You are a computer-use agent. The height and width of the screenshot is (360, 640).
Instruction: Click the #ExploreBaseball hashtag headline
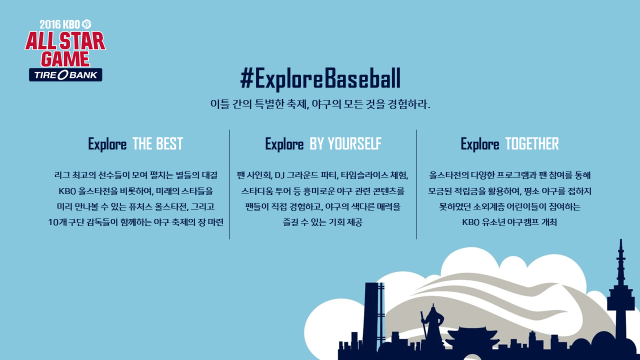pos(320,78)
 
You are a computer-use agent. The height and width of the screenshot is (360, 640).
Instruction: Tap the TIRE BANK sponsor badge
pos(65,75)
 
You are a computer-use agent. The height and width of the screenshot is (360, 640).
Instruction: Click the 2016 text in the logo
pos(50,24)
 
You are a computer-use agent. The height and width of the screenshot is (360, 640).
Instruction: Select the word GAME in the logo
pos(65,59)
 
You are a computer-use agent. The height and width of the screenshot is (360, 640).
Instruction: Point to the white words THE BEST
pos(157,143)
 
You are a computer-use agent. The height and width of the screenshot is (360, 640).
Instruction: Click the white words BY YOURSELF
pos(345,143)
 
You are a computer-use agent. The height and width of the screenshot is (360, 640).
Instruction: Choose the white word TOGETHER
pos(531,143)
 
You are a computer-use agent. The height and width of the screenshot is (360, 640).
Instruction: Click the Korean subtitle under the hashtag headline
pos(320,104)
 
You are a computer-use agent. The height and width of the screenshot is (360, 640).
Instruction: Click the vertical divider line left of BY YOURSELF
pos(229,184)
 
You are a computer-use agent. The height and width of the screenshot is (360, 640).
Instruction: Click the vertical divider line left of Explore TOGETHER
pos(416,184)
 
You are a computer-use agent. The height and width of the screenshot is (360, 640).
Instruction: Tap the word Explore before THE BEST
pos(107,144)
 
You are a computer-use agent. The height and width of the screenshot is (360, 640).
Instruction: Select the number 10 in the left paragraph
pos(53,222)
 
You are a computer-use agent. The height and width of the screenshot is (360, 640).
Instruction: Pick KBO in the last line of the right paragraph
pos(470,222)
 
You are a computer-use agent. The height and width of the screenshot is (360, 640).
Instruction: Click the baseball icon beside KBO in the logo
pos(86,24)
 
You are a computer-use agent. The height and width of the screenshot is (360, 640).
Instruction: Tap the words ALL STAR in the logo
pos(65,41)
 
